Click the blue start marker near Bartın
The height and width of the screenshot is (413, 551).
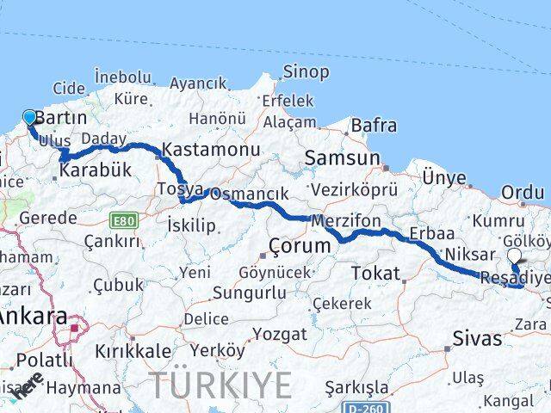click(30, 118)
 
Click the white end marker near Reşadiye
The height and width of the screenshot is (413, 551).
click(514, 256)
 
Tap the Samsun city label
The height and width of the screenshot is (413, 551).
click(342, 158)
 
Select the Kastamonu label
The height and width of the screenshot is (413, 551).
click(211, 149)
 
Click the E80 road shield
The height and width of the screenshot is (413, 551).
click(123, 220)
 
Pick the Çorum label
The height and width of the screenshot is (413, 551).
click(299, 246)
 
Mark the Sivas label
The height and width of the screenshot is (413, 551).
click(477, 338)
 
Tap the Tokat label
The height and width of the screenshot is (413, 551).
click(376, 274)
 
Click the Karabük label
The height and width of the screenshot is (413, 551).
click(96, 170)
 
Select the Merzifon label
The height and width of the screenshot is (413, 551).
click(346, 220)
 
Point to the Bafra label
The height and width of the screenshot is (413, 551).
click(374, 126)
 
